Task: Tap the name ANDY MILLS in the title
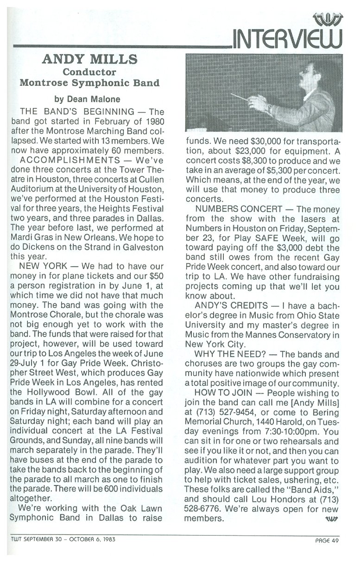coord(90,59)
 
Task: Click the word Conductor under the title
coord(89,72)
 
